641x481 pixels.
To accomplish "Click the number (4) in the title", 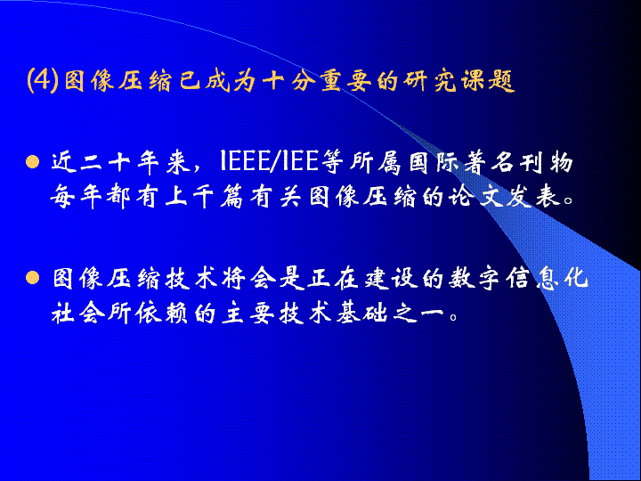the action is [x=42, y=80].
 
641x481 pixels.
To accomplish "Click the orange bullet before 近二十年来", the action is [x=32, y=162].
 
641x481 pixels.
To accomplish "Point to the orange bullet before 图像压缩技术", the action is [x=32, y=278].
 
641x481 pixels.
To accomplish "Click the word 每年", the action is [x=76, y=197].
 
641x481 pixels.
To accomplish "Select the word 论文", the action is [x=477, y=197].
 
